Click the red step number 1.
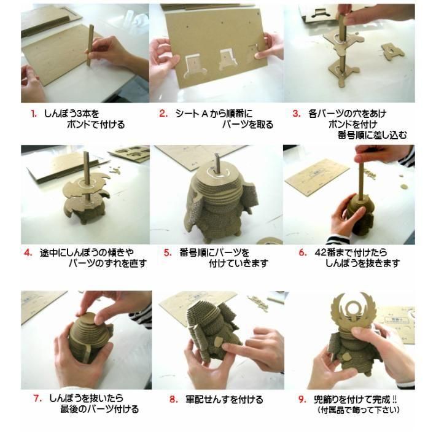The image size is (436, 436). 34,114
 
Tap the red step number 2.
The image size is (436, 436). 163,114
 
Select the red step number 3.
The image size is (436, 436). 297,114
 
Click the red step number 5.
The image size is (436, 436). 168,253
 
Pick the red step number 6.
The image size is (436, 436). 303,252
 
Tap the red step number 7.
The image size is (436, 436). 37,398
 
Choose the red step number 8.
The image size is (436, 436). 174,400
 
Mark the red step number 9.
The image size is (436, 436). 302,400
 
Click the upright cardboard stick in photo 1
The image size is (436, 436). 90,45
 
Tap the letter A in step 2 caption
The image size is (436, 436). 204,114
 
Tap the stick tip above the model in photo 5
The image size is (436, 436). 217,155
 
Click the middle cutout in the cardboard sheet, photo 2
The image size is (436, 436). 228,59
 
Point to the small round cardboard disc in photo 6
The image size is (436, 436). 404,186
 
